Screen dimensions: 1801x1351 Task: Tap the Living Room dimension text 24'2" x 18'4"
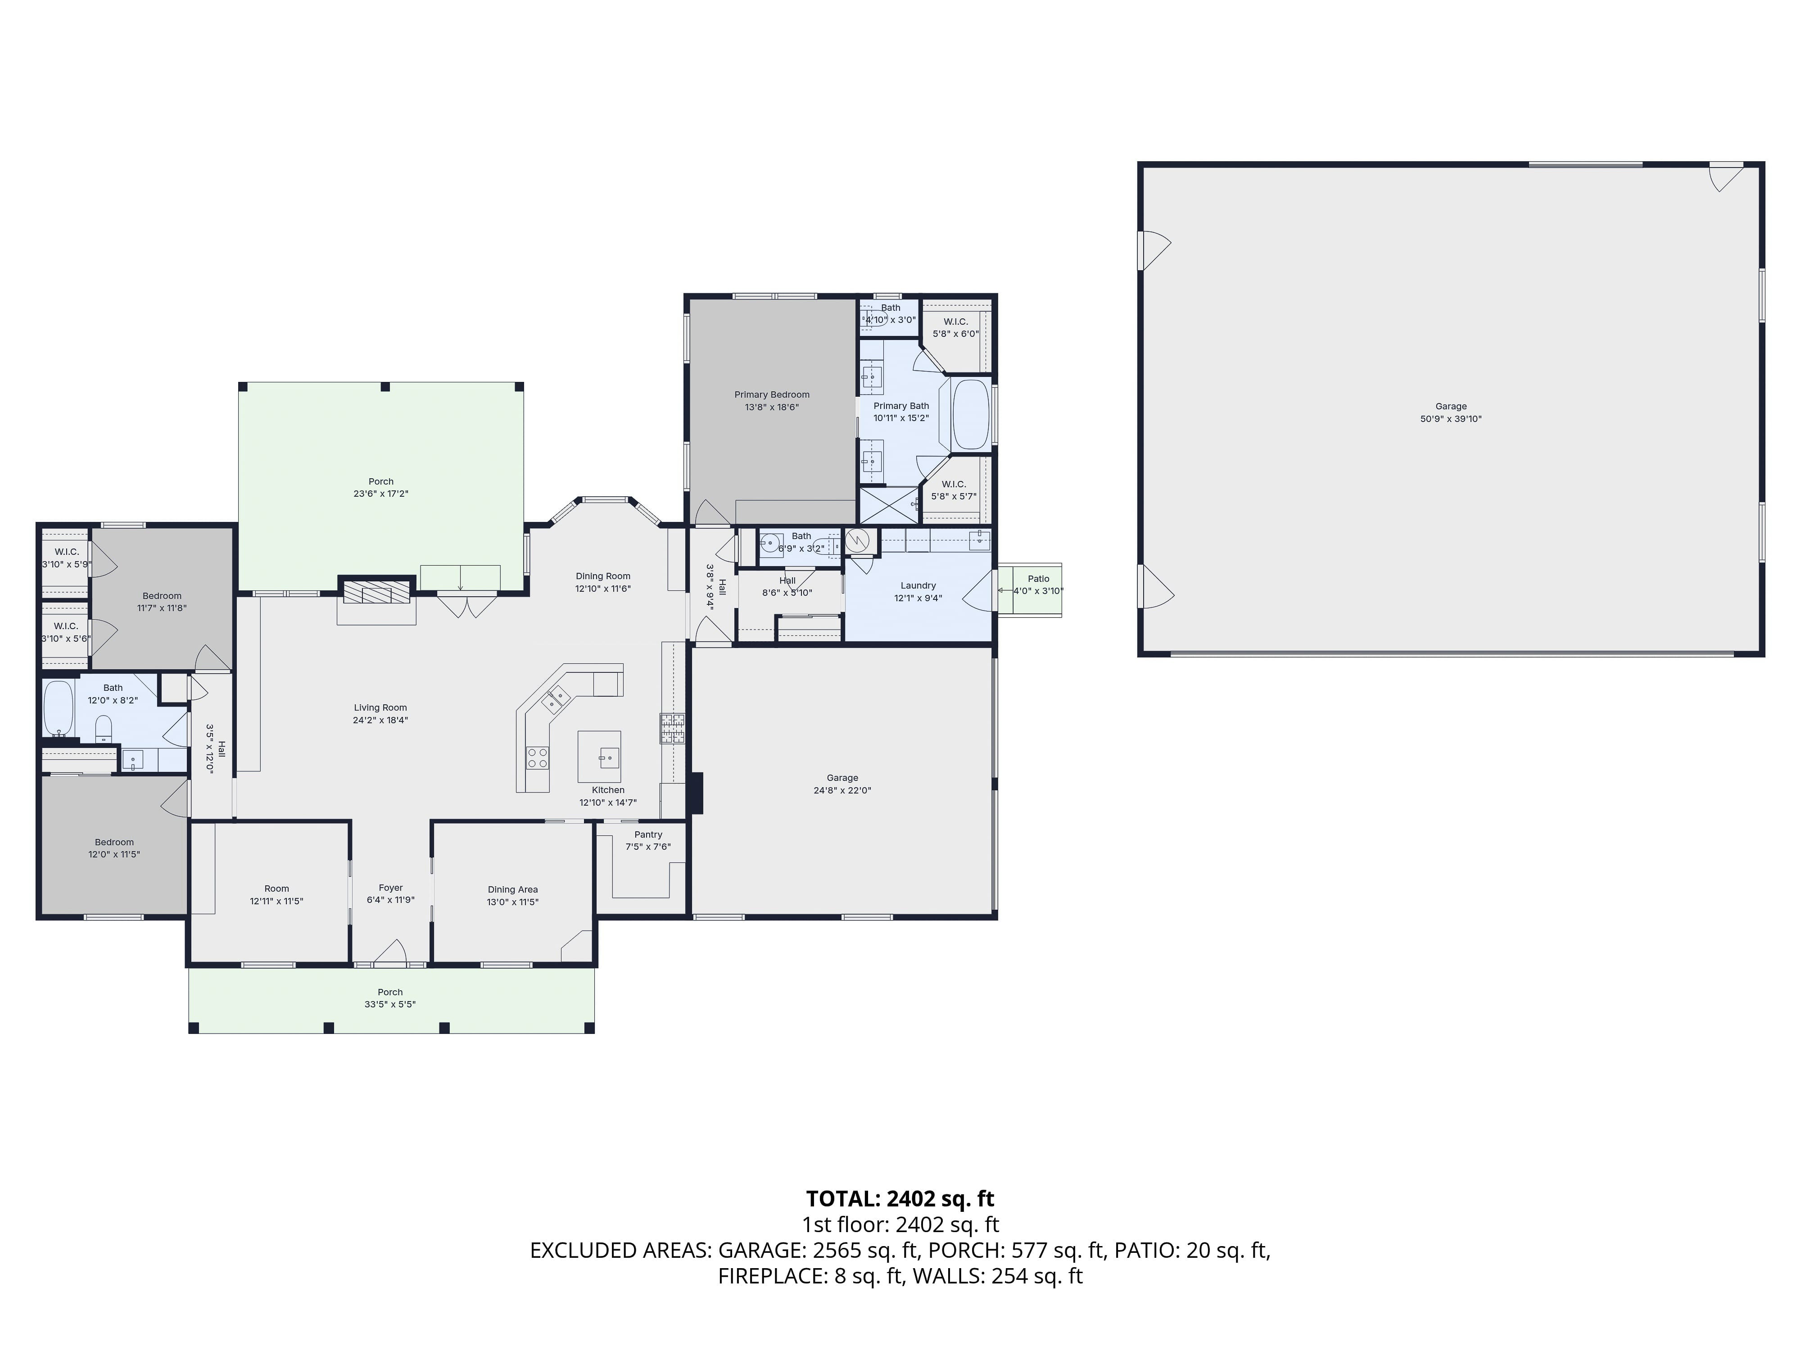[380, 720]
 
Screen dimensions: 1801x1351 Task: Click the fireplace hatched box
[376, 592]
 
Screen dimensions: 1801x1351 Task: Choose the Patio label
[1038, 579]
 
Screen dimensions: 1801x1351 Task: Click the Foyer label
[391, 888]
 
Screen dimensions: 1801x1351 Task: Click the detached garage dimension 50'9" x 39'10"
[1451, 419]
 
